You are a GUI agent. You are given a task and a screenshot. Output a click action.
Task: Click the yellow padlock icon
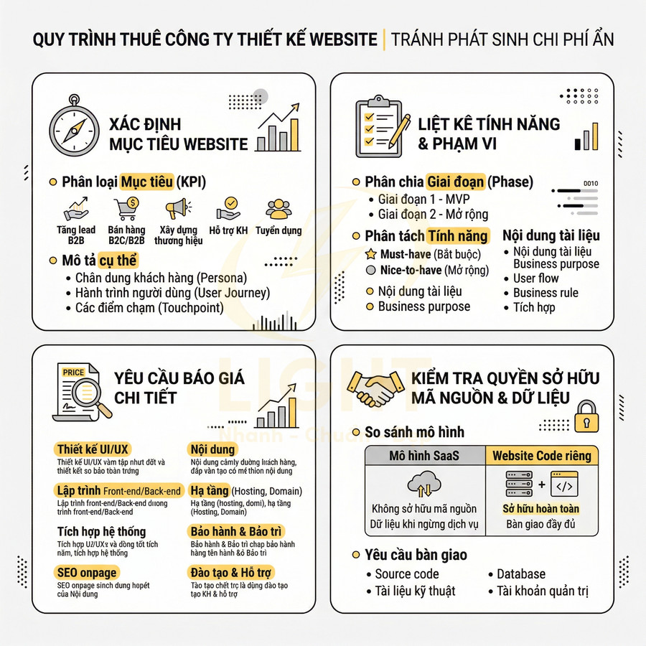point(587,416)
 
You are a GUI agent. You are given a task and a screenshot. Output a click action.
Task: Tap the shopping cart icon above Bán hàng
point(126,209)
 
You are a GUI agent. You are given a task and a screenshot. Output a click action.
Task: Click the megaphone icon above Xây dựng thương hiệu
point(178,209)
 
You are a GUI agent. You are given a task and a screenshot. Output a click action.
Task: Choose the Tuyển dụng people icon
point(278,209)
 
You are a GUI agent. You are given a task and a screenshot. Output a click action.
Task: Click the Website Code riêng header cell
point(542,456)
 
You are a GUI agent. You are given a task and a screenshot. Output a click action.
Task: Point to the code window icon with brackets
point(564,484)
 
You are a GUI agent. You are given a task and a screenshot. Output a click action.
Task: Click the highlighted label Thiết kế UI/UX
point(93,449)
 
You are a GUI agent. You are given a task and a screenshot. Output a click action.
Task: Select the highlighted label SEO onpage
point(86,573)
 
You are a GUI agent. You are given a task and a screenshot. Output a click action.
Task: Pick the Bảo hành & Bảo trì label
point(236,532)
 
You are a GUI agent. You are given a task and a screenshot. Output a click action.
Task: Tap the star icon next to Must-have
point(371,254)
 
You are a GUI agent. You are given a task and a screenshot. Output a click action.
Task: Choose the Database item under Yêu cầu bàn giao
point(520,574)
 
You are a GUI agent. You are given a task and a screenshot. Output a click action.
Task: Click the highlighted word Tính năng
point(457,236)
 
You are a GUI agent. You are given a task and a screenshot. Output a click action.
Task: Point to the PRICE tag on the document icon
point(74,372)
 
